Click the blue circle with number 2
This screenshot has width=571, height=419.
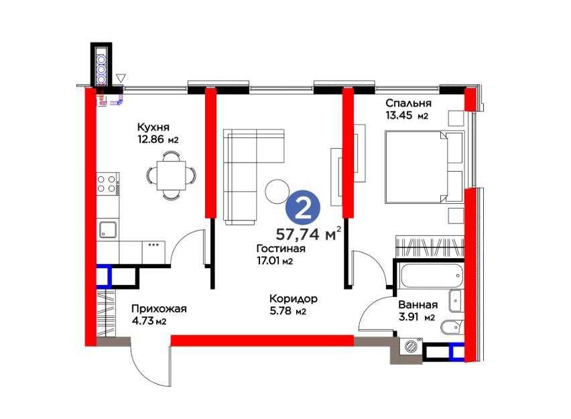[x=303, y=209]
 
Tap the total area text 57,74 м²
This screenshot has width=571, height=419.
[x=308, y=233]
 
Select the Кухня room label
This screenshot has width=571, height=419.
[x=153, y=127]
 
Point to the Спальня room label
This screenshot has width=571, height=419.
[x=409, y=103]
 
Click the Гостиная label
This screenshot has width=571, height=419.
[x=281, y=249]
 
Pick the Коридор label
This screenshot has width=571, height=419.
[x=294, y=299]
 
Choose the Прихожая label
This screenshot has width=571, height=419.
[x=159, y=308]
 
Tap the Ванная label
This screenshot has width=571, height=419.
[x=418, y=304]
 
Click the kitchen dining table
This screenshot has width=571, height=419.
[x=171, y=175]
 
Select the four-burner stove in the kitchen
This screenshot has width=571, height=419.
[x=107, y=184]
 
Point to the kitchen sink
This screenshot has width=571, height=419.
[x=107, y=229]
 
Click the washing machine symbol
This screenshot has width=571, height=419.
[x=411, y=346]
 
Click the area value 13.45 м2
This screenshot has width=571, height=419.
[x=407, y=116]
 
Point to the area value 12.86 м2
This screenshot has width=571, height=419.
[x=157, y=139]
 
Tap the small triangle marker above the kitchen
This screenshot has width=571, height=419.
[x=121, y=78]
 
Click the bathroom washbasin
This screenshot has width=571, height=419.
[x=456, y=300]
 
